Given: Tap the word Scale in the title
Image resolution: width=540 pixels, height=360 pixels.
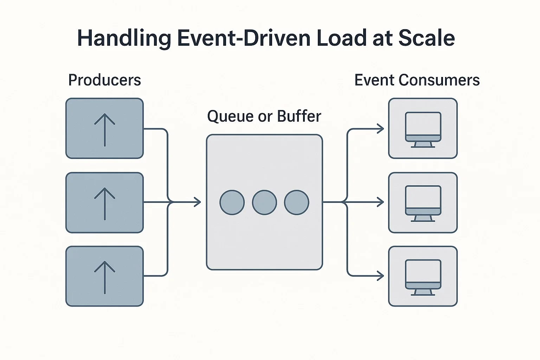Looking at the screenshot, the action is (x=426, y=38).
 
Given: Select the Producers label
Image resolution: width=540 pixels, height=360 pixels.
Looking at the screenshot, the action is (x=105, y=80).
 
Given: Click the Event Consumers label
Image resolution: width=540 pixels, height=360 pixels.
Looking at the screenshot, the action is (x=417, y=80).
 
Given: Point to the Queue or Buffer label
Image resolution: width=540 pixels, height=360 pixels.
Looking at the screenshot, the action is (x=264, y=116).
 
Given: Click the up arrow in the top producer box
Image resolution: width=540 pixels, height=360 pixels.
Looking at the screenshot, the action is (x=105, y=130).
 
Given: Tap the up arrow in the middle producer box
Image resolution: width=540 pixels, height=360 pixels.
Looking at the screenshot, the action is (x=105, y=204).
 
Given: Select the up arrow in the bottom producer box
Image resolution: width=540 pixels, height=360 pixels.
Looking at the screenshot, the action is (x=105, y=277).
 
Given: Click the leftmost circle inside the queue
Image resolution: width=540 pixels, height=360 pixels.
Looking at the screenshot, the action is (x=232, y=202).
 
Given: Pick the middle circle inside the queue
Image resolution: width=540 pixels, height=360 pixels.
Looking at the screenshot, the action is (x=264, y=202).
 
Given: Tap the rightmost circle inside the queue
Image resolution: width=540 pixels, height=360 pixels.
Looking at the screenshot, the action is (x=296, y=202).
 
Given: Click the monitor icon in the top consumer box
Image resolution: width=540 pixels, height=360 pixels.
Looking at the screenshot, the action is (x=423, y=130).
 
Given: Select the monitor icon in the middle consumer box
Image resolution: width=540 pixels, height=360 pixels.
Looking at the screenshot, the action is (x=423, y=204).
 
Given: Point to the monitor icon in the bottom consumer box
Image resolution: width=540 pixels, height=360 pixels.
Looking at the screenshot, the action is (x=423, y=277).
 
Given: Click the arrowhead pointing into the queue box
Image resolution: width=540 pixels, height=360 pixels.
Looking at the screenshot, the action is (x=198, y=202).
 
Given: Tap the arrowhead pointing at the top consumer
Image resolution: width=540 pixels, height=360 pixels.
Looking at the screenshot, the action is (x=381, y=129).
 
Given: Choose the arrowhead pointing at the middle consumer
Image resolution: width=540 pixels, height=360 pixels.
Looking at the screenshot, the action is (x=381, y=202).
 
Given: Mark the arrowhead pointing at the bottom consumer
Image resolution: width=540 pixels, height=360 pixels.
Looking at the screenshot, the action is (x=381, y=276).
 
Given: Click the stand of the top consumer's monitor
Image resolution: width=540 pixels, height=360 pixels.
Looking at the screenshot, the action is (x=423, y=145).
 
